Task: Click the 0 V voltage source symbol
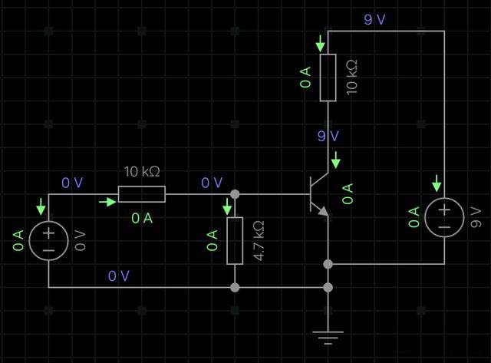tap(48, 240)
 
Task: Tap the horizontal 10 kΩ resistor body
tap(141, 194)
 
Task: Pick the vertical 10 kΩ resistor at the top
tap(328, 78)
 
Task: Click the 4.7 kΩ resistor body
tap(235, 240)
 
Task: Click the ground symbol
tap(328, 335)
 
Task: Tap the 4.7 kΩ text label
tap(259, 240)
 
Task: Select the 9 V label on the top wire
tap(375, 20)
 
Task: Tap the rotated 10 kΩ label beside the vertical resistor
tap(352, 78)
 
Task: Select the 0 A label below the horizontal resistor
tap(142, 218)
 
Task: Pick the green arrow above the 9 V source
tap(437, 183)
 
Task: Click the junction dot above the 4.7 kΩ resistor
tap(235, 193)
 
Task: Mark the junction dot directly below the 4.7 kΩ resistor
tap(235, 287)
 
